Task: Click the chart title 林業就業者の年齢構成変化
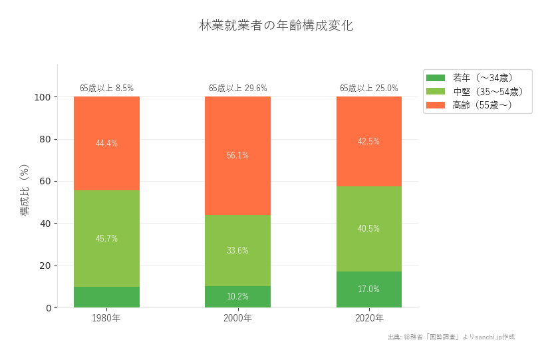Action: click(x=276, y=26)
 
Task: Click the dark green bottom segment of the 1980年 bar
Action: click(x=106, y=297)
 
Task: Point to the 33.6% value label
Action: click(x=237, y=251)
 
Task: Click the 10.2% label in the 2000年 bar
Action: click(x=237, y=297)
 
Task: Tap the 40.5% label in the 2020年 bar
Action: click(x=369, y=228)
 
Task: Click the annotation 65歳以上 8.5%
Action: click(x=106, y=88)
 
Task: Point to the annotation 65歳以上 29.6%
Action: click(x=237, y=88)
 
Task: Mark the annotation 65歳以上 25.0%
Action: click(x=369, y=88)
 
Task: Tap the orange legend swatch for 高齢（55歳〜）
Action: click(x=435, y=105)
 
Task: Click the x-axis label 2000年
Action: click(x=237, y=318)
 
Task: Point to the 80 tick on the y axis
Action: click(x=45, y=139)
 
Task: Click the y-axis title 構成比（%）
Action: click(x=25, y=190)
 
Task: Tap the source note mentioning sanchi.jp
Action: click(x=451, y=337)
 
